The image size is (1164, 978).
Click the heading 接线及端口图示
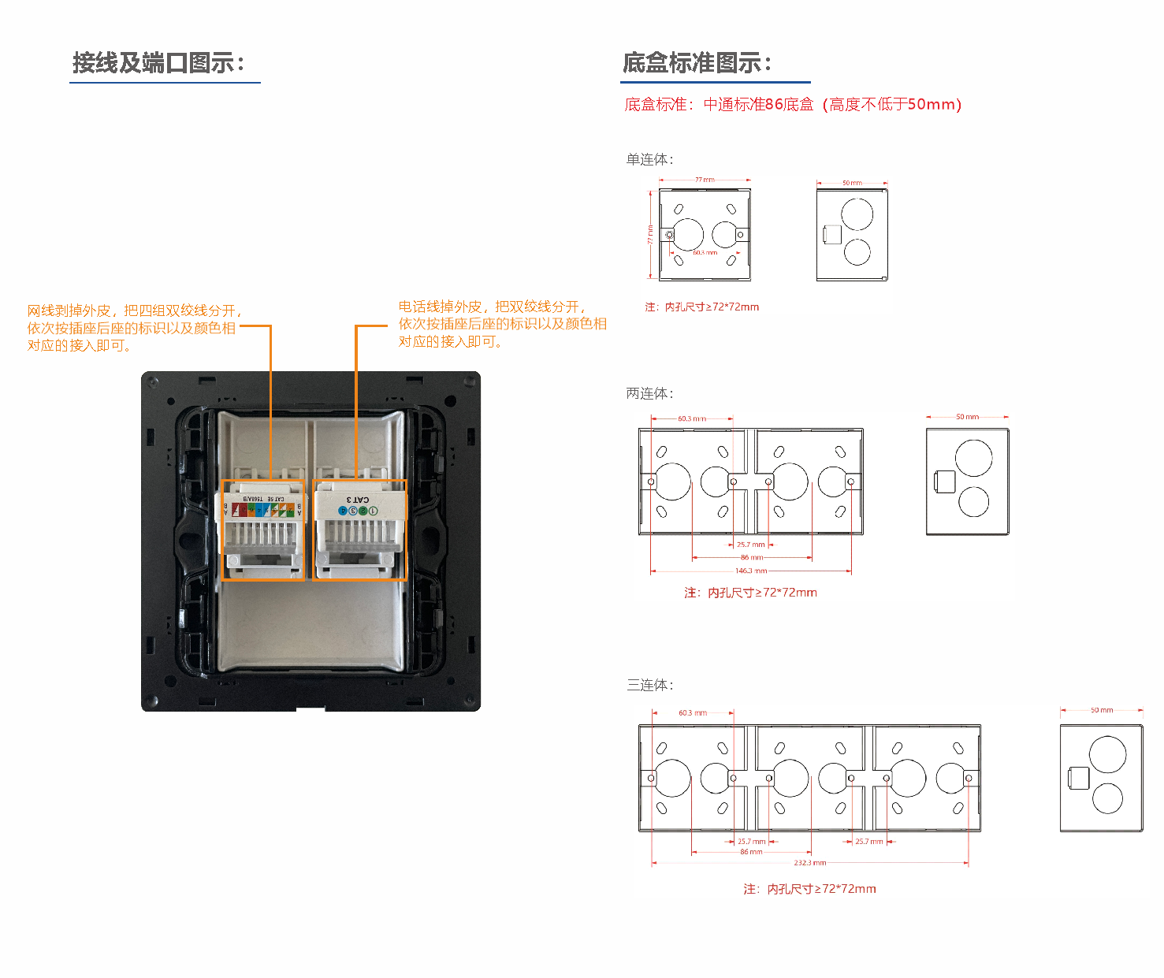[158, 63]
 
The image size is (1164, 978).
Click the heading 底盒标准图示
[697, 63]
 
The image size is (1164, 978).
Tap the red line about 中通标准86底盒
[792, 105]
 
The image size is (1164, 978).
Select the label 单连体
[649, 160]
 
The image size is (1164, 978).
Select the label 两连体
[649, 393]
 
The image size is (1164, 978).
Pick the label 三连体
[649, 685]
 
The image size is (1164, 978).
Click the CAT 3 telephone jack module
[359, 530]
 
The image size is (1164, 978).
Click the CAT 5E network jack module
[263, 530]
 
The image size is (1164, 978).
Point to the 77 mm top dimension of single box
[705, 180]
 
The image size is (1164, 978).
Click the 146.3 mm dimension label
[751, 571]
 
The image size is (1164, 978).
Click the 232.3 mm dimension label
[810, 863]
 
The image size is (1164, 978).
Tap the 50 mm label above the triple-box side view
[1102, 710]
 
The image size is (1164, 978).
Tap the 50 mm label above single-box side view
[852, 183]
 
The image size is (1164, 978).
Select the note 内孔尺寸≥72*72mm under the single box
[701, 307]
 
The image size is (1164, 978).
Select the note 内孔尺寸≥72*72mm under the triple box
[809, 889]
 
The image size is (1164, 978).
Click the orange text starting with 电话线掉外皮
[501, 324]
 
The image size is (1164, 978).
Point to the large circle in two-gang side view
[973, 458]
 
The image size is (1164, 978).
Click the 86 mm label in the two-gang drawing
[751, 557]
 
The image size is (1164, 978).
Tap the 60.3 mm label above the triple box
[693, 712]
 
